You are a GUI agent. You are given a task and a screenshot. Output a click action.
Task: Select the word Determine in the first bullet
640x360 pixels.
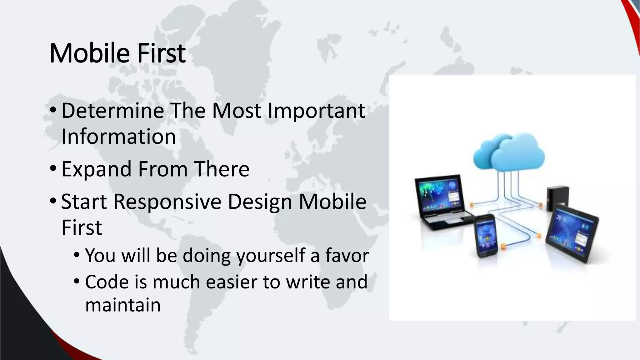pos(112,111)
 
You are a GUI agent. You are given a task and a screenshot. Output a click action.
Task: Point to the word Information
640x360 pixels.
pos(118,137)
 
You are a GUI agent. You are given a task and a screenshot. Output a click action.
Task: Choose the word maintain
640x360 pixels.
pos(123,305)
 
